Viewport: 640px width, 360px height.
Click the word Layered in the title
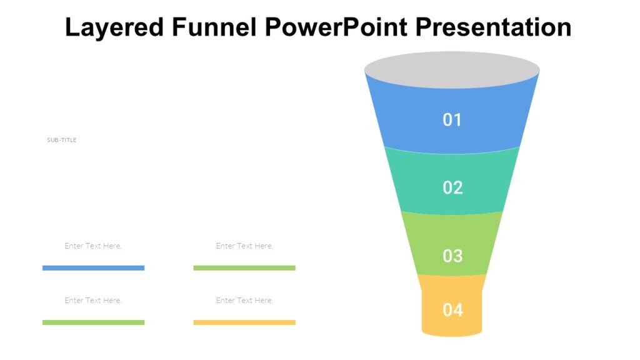(x=113, y=27)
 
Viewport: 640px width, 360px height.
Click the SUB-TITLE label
(x=62, y=140)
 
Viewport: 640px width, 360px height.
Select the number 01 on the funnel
(x=452, y=119)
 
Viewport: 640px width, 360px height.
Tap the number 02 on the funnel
(x=452, y=187)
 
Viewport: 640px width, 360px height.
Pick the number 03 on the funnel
(x=452, y=256)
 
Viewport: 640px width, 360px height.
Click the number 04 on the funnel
(x=452, y=310)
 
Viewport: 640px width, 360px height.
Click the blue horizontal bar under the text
(x=93, y=268)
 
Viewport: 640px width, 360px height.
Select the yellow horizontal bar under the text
(x=244, y=322)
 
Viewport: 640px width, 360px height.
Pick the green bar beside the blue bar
(x=244, y=268)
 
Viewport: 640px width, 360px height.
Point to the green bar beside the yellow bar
(x=93, y=322)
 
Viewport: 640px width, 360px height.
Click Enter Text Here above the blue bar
(x=93, y=246)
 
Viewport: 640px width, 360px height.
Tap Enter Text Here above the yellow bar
(x=244, y=300)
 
